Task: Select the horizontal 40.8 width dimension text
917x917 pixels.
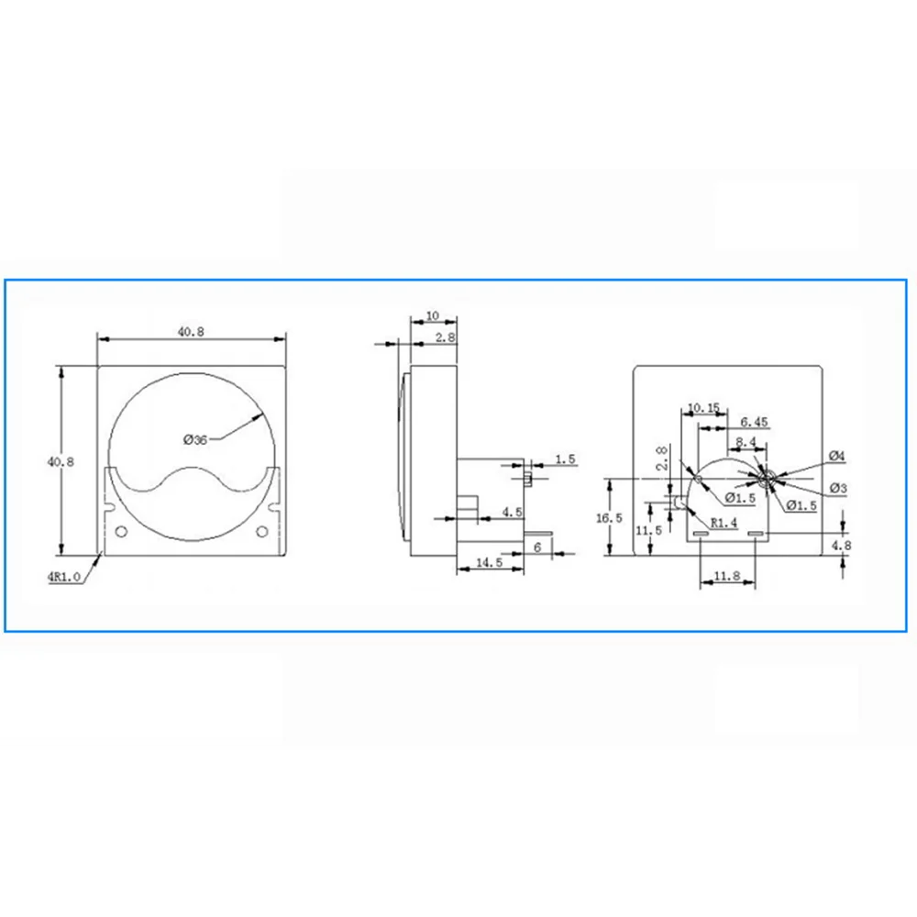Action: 191,331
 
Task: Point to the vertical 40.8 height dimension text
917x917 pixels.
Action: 54,461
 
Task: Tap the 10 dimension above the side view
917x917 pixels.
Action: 433,315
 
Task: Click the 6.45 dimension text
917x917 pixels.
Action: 753,422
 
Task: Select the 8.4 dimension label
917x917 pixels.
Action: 746,442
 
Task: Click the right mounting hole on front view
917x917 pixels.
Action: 262,532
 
